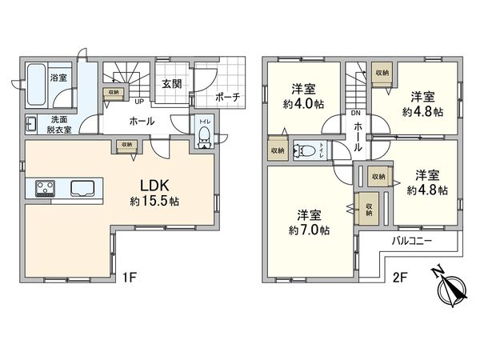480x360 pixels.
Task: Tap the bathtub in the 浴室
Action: point(36,82)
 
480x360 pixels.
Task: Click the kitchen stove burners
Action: point(45,190)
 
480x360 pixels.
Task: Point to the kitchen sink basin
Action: point(83,190)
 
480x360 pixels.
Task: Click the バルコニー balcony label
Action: point(412,240)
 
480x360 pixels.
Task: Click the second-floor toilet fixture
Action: point(304,149)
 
